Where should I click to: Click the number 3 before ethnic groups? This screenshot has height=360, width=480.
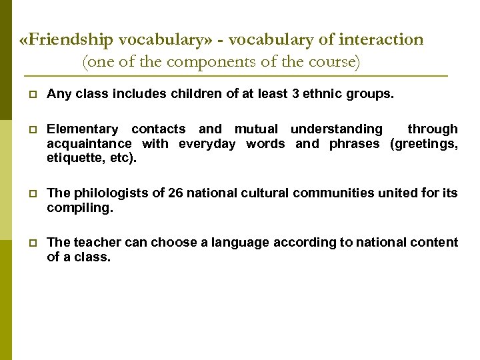pos(295,95)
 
